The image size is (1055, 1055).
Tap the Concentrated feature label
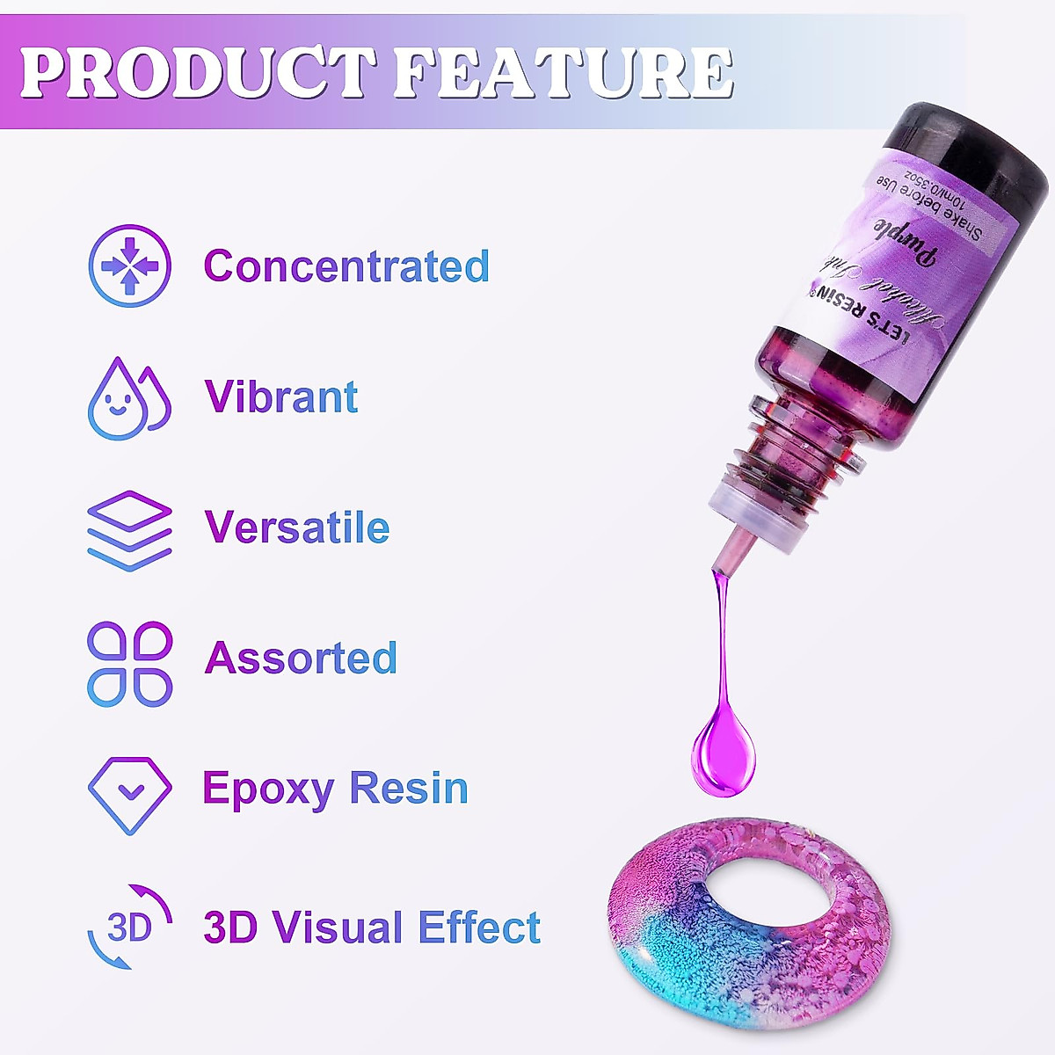pos(346,266)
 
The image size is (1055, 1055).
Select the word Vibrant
pos(281,397)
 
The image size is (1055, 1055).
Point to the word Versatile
pos(297,527)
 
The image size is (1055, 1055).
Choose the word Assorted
pos(301,658)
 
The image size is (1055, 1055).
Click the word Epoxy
pos(267,789)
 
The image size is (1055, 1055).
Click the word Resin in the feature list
pos(409,788)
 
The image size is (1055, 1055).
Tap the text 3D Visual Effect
pos(372,928)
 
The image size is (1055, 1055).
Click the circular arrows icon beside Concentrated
pos(130,266)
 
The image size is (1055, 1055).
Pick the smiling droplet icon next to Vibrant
pos(128,399)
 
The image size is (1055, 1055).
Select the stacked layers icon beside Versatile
pos(129,531)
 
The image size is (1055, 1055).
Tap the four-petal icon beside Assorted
pos(130,664)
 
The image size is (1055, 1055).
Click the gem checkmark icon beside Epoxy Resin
pos(130,794)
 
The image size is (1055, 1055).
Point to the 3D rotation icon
pos(129,928)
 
